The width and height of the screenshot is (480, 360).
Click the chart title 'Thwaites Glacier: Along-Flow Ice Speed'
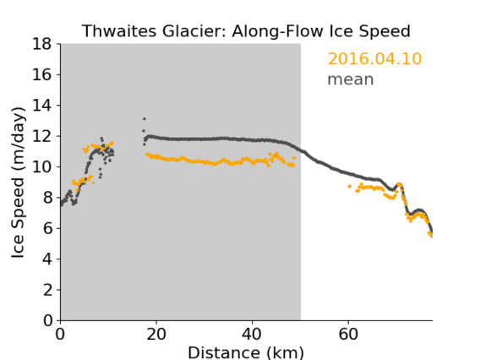246,31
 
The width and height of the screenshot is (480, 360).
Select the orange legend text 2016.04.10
374,58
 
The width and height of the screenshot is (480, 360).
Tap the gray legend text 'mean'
351,79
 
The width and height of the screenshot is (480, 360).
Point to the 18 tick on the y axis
42,44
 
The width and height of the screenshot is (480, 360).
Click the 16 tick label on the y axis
42,74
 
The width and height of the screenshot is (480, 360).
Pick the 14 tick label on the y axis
42,106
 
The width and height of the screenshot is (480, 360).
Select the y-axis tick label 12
42,136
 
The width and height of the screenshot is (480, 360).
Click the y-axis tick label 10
42,166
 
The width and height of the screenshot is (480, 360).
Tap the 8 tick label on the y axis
47,198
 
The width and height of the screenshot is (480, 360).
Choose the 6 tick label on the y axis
47,228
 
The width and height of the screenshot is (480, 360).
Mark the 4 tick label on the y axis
47,259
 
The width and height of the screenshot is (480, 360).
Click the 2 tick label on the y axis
47,290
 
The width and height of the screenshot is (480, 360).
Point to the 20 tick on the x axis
156,335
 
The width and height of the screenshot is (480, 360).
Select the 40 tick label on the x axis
252,335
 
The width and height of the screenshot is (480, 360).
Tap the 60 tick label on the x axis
348,335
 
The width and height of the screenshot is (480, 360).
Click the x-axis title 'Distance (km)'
246,352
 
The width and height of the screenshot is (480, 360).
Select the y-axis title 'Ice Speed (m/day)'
18,183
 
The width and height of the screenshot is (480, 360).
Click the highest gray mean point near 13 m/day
145,119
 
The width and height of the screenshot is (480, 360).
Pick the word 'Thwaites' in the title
119,31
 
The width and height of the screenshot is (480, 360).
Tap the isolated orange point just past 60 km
349,186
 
